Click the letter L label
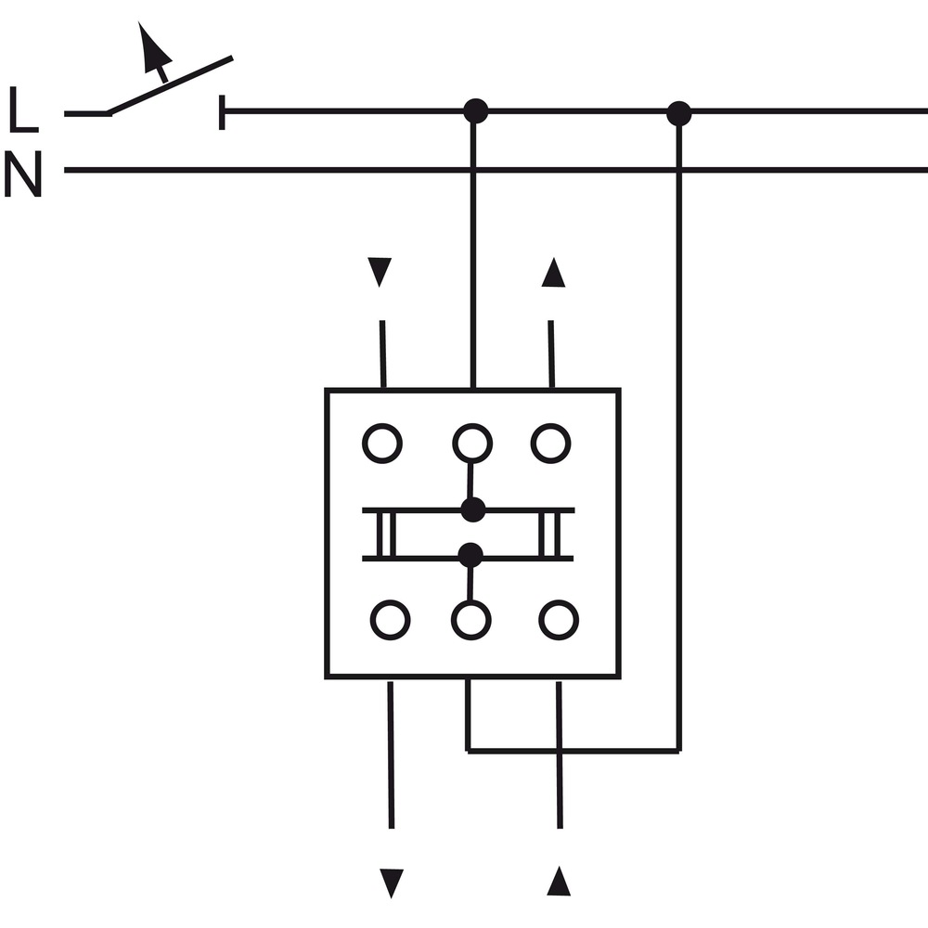pyautogui.click(x=24, y=110)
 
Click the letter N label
pyautogui.click(x=23, y=174)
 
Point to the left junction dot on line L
pyautogui.click(x=475, y=110)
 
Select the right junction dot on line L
pyautogui.click(x=679, y=113)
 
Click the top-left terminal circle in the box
pyautogui.click(x=382, y=444)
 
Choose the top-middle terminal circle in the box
pyautogui.click(x=472, y=444)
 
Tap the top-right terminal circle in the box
pyautogui.click(x=551, y=444)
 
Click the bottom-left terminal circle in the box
pyautogui.click(x=391, y=620)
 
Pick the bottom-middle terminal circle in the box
pyautogui.click(x=471, y=620)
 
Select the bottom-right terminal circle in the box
pyautogui.click(x=559, y=620)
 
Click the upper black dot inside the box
pyautogui.click(x=473, y=510)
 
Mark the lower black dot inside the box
pyautogui.click(x=470, y=555)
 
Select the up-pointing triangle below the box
pyautogui.click(x=559, y=881)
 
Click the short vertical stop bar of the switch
pyautogui.click(x=222, y=112)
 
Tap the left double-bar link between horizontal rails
pyautogui.click(x=386, y=535)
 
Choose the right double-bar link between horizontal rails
pyautogui.click(x=549, y=535)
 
